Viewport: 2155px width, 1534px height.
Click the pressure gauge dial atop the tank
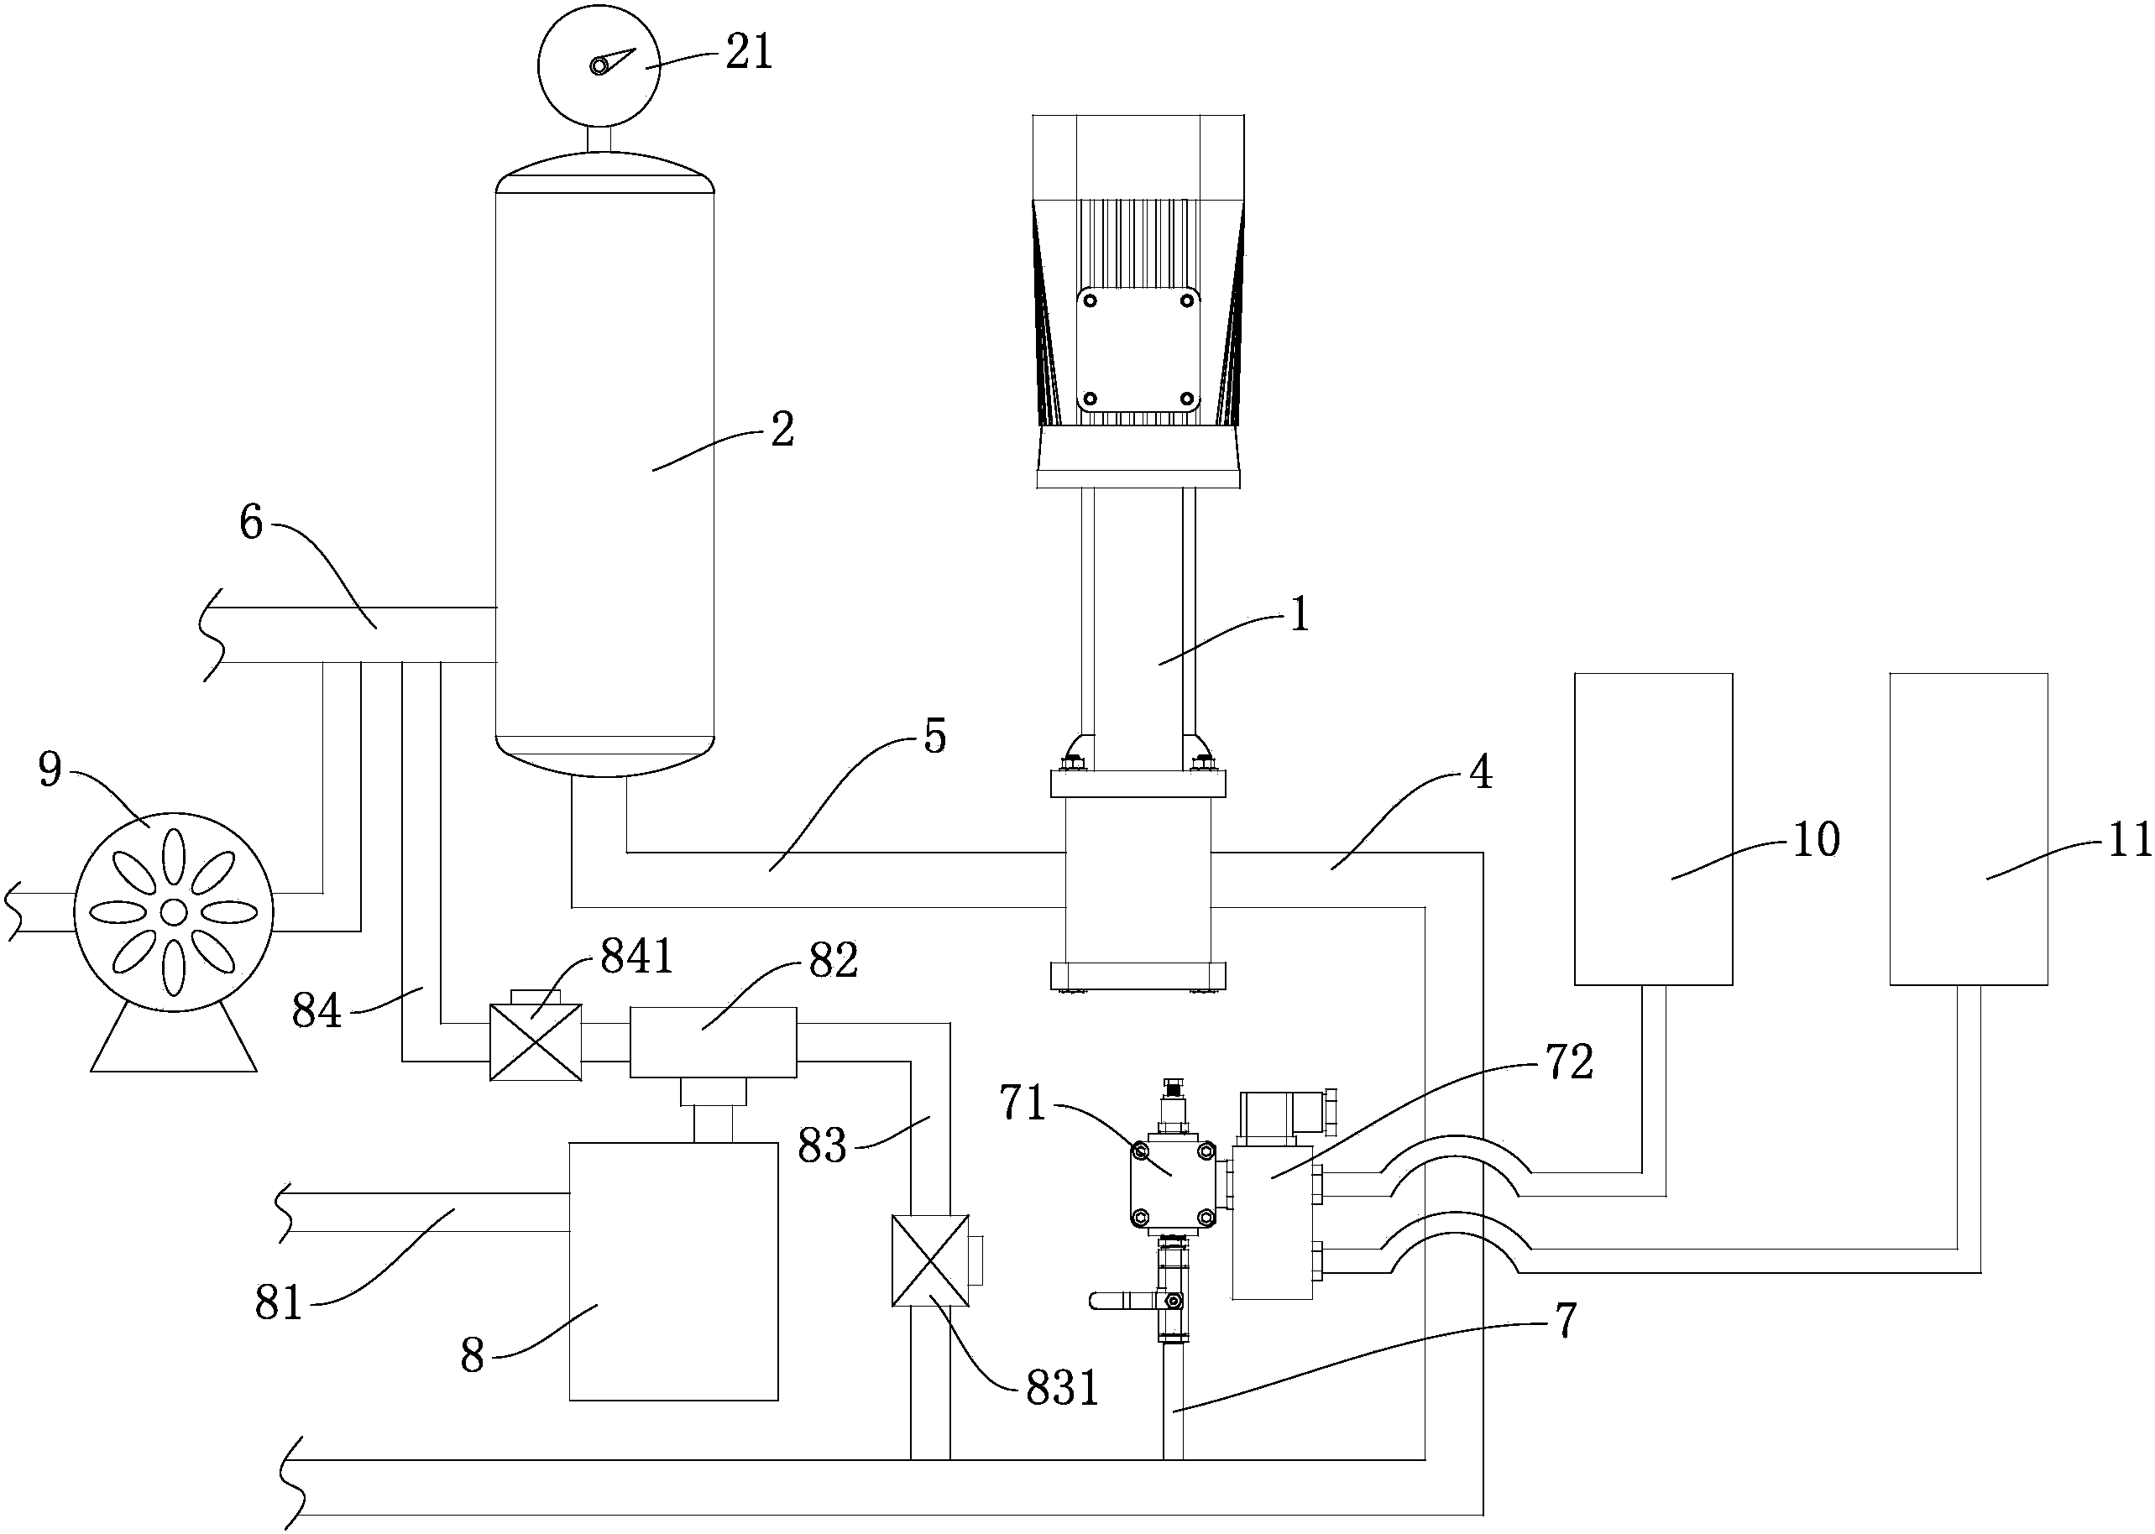(599, 65)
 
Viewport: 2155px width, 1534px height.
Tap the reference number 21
(749, 52)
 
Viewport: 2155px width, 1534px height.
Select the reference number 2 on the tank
(782, 430)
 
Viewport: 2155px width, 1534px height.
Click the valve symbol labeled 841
(535, 1043)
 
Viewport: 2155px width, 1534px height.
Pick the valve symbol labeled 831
(931, 1260)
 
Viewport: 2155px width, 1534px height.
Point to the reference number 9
(50, 770)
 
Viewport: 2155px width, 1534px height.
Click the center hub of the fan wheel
(174, 911)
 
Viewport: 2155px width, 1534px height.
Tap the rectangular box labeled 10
(1652, 828)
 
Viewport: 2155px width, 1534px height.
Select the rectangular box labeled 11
(1968, 828)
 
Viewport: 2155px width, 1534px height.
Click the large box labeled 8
(673, 1271)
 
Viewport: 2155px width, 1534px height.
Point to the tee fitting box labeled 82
(714, 1042)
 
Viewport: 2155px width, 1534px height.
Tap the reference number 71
(1023, 1104)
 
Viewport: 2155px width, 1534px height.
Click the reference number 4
(1480, 773)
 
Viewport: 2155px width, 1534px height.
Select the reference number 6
(250, 522)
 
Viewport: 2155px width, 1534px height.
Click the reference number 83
(821, 1146)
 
